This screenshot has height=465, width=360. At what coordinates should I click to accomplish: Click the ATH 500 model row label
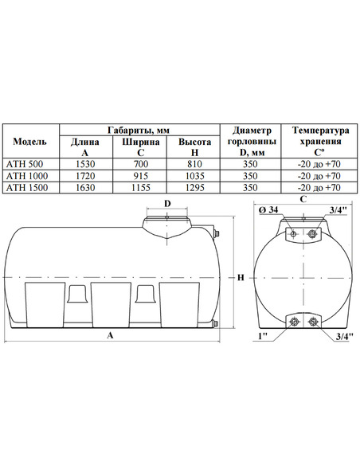click(25, 164)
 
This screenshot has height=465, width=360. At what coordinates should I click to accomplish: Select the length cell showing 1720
click(85, 176)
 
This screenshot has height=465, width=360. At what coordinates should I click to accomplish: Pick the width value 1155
click(140, 187)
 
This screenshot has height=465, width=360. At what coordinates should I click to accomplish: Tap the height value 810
click(194, 164)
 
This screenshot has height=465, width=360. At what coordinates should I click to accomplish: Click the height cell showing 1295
click(194, 187)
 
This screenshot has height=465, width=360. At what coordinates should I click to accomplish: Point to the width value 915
click(140, 176)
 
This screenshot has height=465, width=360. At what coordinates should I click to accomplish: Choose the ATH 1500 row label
click(27, 187)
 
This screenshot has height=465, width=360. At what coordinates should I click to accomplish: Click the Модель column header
click(29, 142)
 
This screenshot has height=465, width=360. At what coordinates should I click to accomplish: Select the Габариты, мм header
click(139, 130)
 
